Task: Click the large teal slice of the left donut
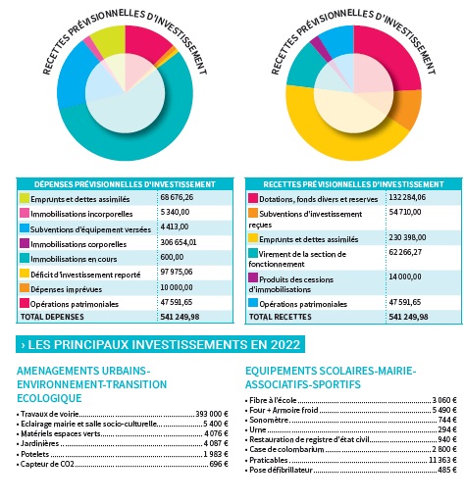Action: point(137,144)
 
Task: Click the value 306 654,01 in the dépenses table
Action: point(179,242)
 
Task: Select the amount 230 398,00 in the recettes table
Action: point(407,237)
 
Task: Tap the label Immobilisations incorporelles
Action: point(81,214)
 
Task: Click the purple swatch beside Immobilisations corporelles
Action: point(25,243)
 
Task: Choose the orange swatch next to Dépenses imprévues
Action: point(25,288)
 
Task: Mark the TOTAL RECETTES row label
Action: point(281,317)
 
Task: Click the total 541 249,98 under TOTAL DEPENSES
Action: point(180,317)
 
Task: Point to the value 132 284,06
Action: point(407,197)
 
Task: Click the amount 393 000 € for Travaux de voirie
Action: point(212,414)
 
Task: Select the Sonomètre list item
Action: point(269,420)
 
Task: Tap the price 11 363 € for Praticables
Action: point(442,460)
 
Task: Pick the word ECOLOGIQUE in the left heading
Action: point(49,398)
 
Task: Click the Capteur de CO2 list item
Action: point(47,464)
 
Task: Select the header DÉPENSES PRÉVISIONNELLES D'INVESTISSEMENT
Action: point(125,184)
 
